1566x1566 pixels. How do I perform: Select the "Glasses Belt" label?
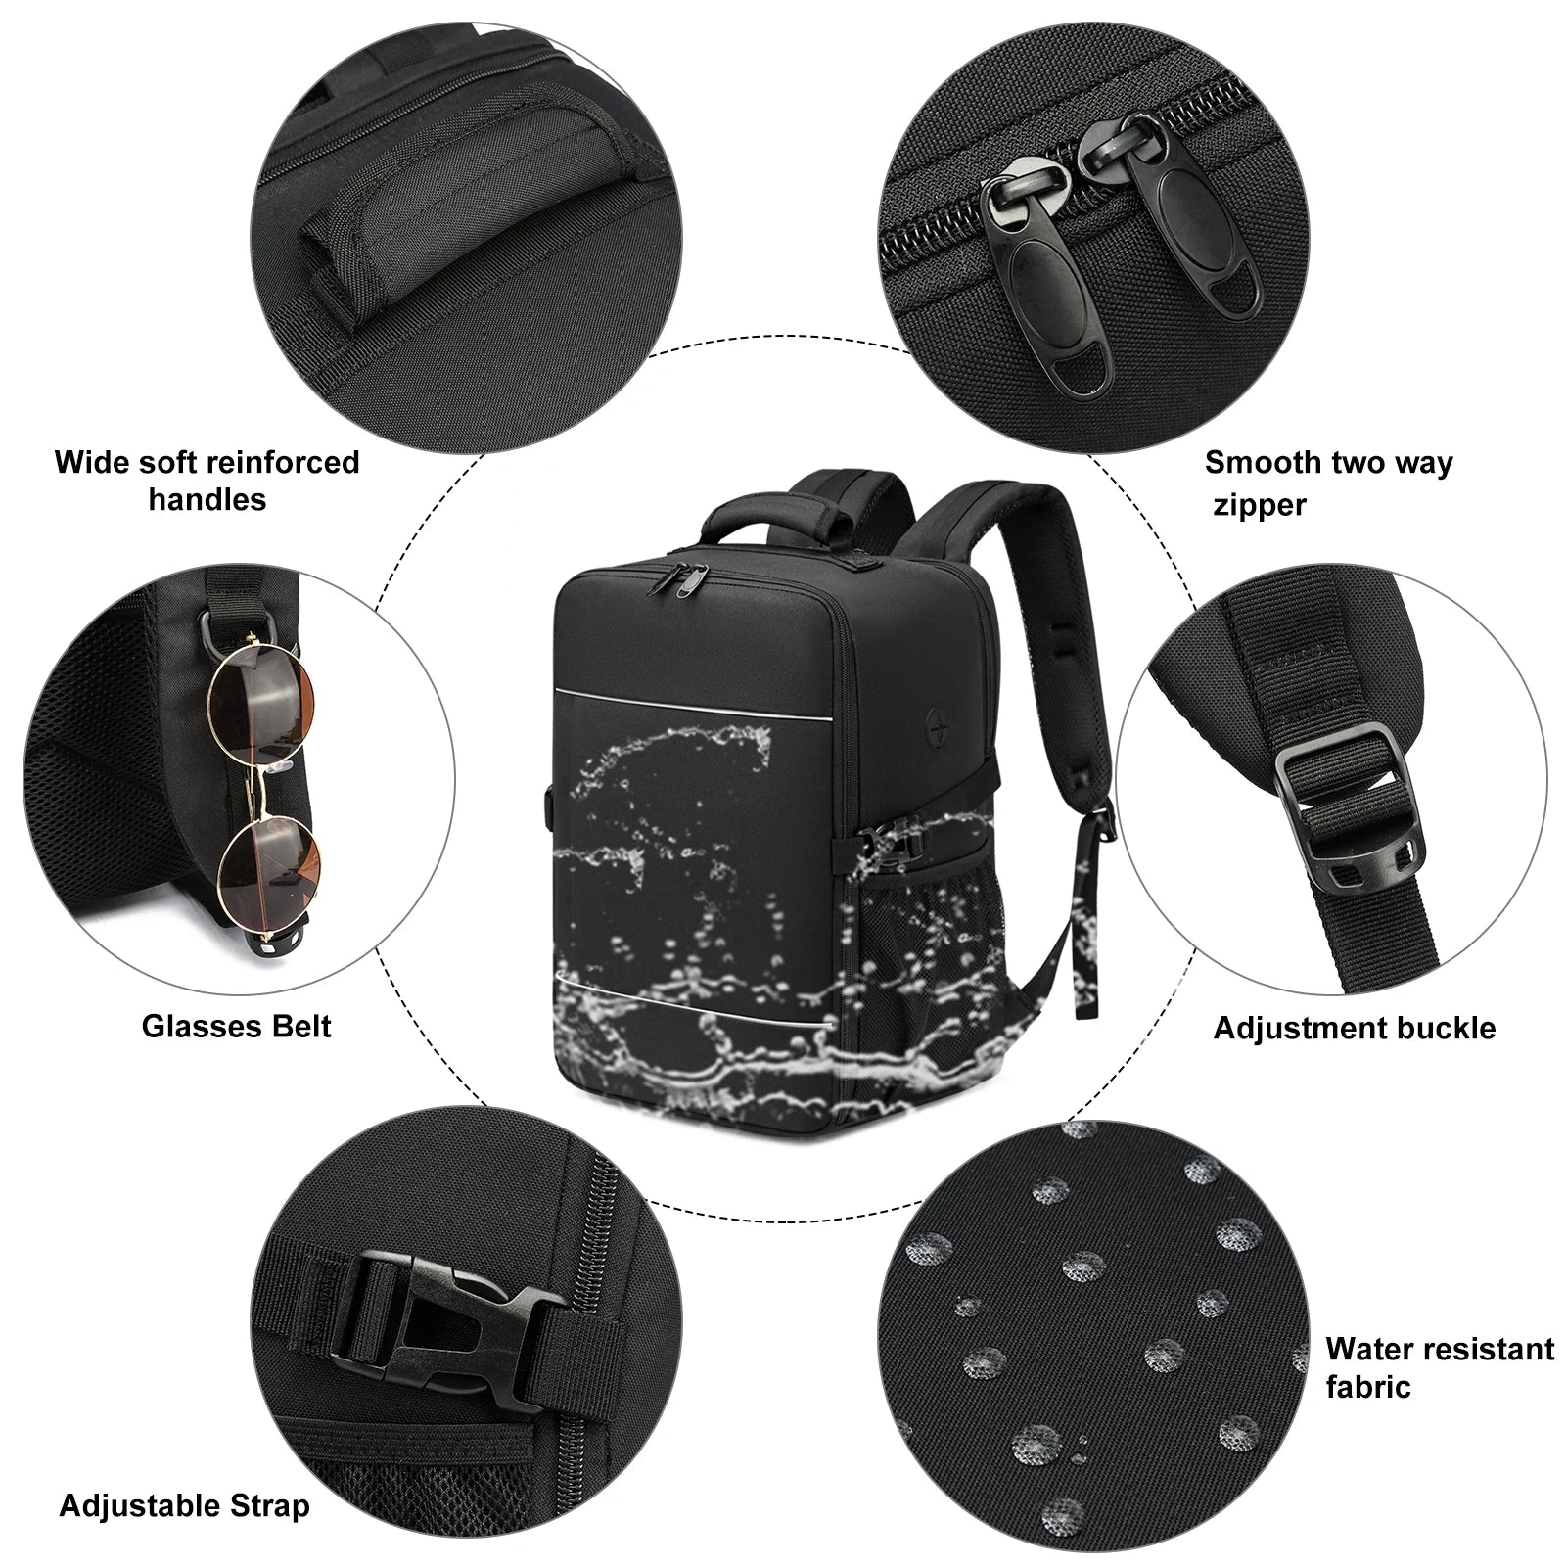click(x=236, y=1026)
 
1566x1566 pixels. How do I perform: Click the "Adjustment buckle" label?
click(x=1354, y=1028)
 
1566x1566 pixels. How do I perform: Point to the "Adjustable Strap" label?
click(x=184, y=1504)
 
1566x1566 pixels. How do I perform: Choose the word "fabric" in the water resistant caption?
click(x=1367, y=1387)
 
